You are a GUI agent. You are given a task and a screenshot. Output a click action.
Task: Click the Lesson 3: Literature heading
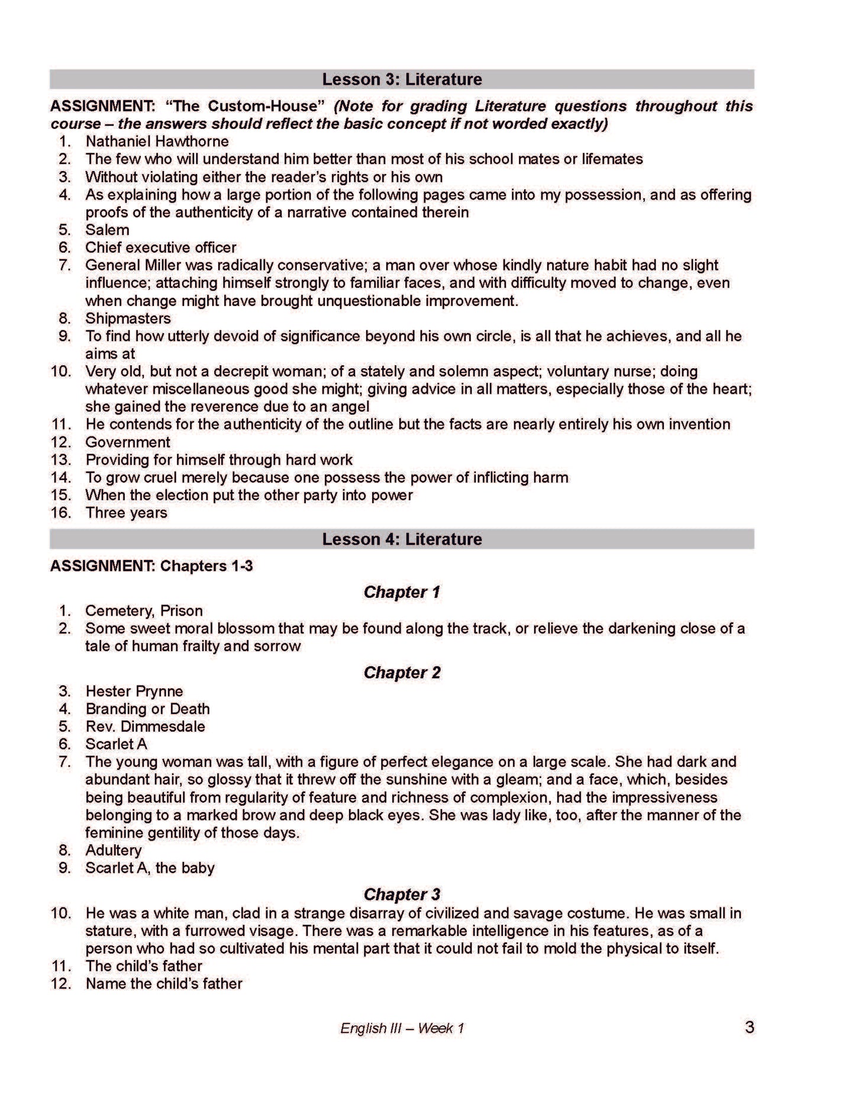402,79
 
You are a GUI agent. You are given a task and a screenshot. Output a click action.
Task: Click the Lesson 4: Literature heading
402,539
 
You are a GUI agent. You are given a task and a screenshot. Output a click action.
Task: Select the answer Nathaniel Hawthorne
157,141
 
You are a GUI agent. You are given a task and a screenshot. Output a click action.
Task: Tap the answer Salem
107,230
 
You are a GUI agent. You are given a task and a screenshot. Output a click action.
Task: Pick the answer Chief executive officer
160,247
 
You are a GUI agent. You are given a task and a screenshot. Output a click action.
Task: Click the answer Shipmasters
128,318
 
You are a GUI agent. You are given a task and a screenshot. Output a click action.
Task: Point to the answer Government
127,442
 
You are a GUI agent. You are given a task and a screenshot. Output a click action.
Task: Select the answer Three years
126,513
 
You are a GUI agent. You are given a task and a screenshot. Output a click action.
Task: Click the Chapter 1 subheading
402,592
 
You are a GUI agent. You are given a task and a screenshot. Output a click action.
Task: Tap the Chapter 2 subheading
402,672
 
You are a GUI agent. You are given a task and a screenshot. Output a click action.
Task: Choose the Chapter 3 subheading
402,894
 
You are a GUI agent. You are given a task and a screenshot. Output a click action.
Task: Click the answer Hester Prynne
134,691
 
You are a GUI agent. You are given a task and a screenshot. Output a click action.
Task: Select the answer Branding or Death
147,709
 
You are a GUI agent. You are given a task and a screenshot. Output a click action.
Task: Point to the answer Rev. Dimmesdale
145,726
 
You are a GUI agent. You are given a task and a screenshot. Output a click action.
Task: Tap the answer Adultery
114,851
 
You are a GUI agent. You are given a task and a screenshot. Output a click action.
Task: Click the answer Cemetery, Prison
144,611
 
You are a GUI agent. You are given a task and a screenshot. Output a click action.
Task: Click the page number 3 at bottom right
749,1028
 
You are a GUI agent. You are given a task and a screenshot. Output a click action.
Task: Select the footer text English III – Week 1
402,1028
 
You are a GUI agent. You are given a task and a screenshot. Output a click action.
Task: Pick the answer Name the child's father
164,984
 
